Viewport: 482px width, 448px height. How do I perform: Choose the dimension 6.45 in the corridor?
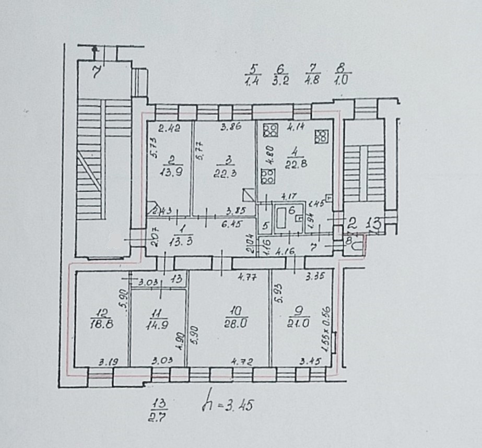point(238,224)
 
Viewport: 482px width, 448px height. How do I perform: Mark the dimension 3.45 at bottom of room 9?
point(310,361)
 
